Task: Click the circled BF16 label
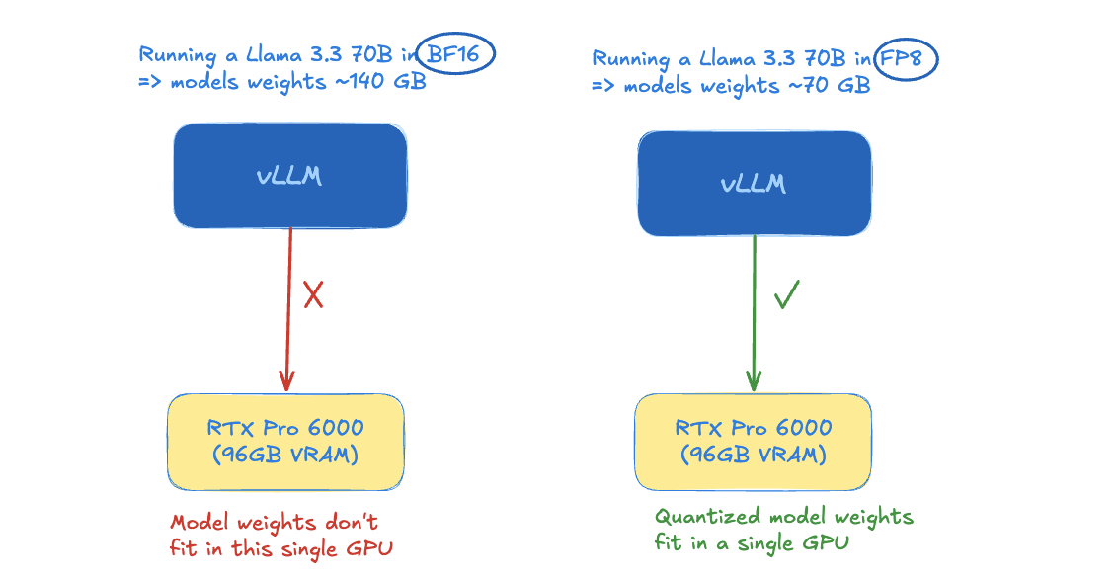(453, 54)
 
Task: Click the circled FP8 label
(902, 58)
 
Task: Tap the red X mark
(314, 294)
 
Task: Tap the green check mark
(786, 294)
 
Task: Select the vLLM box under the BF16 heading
(290, 176)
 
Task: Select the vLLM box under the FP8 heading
(755, 184)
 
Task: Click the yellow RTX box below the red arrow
(285, 442)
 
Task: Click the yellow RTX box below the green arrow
(753, 442)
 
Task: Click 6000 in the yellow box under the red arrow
(335, 428)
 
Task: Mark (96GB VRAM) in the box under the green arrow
(753, 455)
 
